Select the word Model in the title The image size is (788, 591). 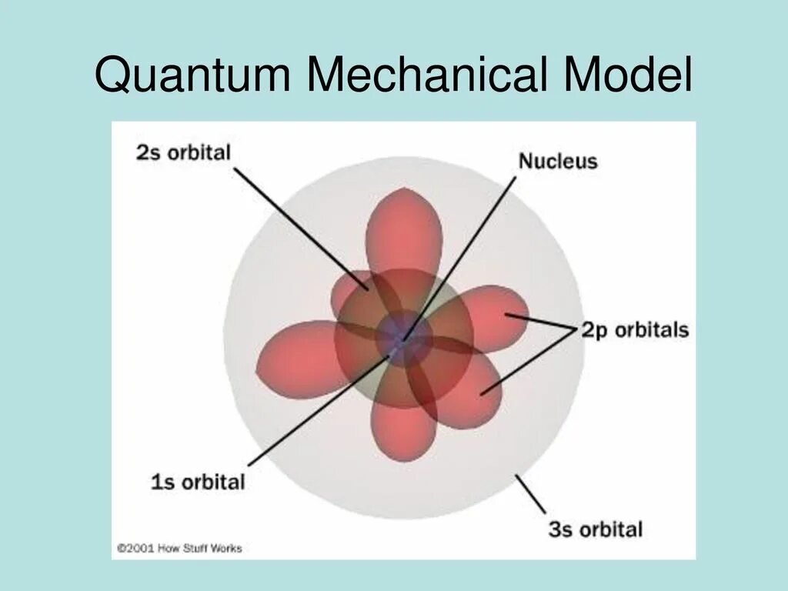pos(628,77)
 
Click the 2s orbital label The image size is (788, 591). pos(183,152)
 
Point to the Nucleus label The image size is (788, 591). pos(558,162)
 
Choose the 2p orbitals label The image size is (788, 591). pos(635,331)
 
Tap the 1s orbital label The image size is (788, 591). pos(198,483)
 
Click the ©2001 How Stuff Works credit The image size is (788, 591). pos(179,548)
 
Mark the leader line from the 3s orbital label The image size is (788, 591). pos(530,494)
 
